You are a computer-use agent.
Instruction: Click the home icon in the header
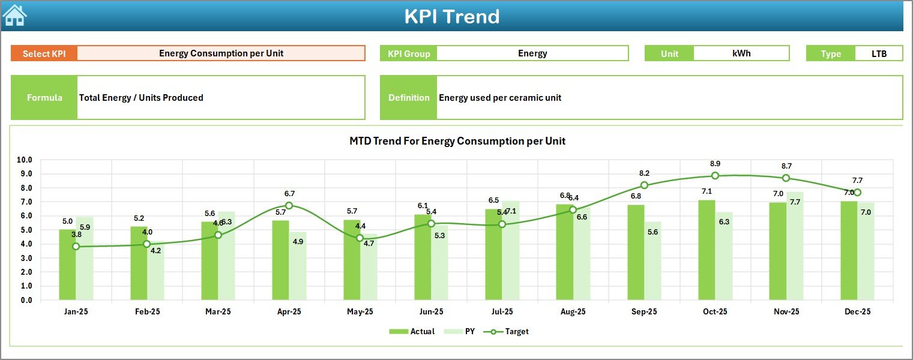(14, 16)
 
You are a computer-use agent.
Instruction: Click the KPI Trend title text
(451, 16)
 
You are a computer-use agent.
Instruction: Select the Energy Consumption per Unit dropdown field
(221, 53)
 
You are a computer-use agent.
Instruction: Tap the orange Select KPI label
(44, 53)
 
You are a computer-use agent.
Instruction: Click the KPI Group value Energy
(532, 53)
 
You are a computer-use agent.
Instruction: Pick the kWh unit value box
(741, 53)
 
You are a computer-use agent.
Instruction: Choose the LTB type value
(879, 53)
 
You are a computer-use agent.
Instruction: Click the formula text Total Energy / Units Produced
(141, 98)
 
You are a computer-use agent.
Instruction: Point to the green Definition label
(409, 98)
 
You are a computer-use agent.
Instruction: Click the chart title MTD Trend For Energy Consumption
(457, 141)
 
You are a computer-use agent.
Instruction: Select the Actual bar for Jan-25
(67, 265)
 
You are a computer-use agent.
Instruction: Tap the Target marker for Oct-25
(715, 176)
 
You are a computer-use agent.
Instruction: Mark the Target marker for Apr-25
(289, 206)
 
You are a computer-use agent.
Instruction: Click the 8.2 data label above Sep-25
(644, 173)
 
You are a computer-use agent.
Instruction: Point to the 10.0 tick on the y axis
(25, 160)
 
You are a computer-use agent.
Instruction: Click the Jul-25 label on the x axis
(502, 312)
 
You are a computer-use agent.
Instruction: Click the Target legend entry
(510, 331)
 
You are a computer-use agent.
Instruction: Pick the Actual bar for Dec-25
(849, 251)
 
